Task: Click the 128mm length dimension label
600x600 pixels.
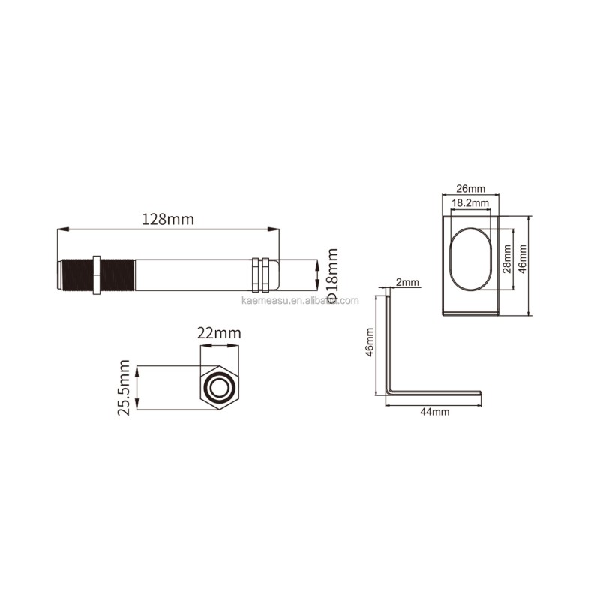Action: coord(168,219)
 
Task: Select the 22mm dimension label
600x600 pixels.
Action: coord(219,333)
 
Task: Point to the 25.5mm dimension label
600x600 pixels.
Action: coord(124,387)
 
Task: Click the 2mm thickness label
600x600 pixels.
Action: coord(407,283)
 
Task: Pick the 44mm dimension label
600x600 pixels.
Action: coord(435,412)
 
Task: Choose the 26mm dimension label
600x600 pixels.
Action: coord(471,189)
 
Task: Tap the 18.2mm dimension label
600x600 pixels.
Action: coord(470,202)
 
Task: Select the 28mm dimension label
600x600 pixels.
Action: coord(507,259)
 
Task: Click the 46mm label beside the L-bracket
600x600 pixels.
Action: coord(369,342)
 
